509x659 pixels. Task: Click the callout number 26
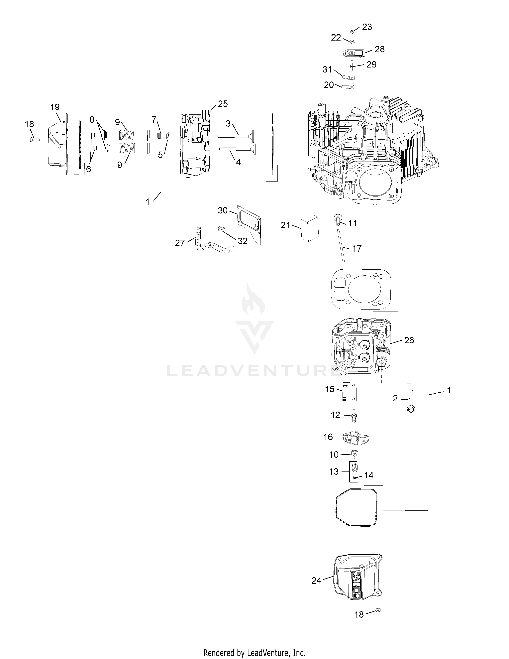409,340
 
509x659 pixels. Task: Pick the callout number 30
223,210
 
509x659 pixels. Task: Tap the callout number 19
55,107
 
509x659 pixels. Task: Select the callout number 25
223,104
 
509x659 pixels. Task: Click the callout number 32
243,241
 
